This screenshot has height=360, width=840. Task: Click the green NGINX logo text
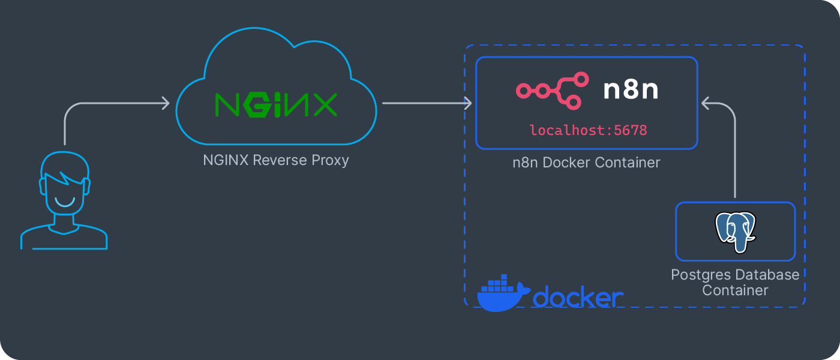tap(275, 105)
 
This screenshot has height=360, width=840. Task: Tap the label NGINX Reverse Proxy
tap(275, 160)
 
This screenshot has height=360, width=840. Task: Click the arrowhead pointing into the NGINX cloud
tap(166, 104)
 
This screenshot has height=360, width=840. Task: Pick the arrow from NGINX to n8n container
tap(426, 103)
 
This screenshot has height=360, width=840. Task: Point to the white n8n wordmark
tap(631, 89)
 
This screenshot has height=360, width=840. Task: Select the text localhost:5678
tap(588, 130)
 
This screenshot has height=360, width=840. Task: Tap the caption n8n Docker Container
tap(586, 163)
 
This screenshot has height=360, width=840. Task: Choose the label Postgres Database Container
tap(735, 283)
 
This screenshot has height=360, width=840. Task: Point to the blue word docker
tap(578, 298)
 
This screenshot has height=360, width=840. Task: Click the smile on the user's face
tap(64, 201)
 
